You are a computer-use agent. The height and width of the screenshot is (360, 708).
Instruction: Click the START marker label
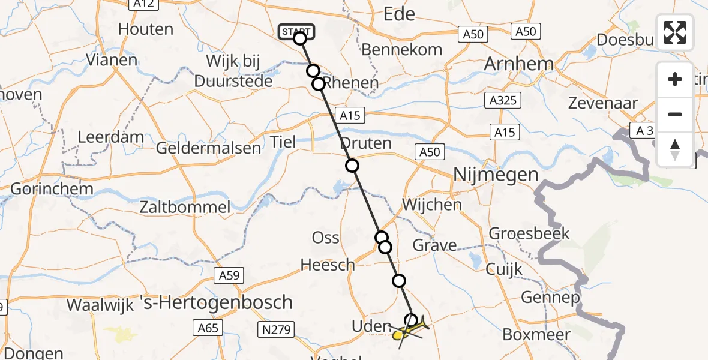(296, 32)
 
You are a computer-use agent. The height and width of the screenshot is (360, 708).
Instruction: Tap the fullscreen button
(675, 32)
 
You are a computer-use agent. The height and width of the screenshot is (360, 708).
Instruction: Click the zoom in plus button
(675, 79)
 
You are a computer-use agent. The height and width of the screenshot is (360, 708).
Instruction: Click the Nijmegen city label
(496, 175)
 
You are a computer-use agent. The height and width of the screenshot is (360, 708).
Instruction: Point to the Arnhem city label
(518, 64)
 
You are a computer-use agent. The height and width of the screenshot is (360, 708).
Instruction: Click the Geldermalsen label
(209, 148)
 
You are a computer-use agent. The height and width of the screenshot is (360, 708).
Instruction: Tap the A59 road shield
(229, 275)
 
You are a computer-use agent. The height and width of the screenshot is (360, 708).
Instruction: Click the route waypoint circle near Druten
(352, 166)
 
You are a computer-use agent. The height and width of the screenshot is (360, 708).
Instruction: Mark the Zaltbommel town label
(184, 208)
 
